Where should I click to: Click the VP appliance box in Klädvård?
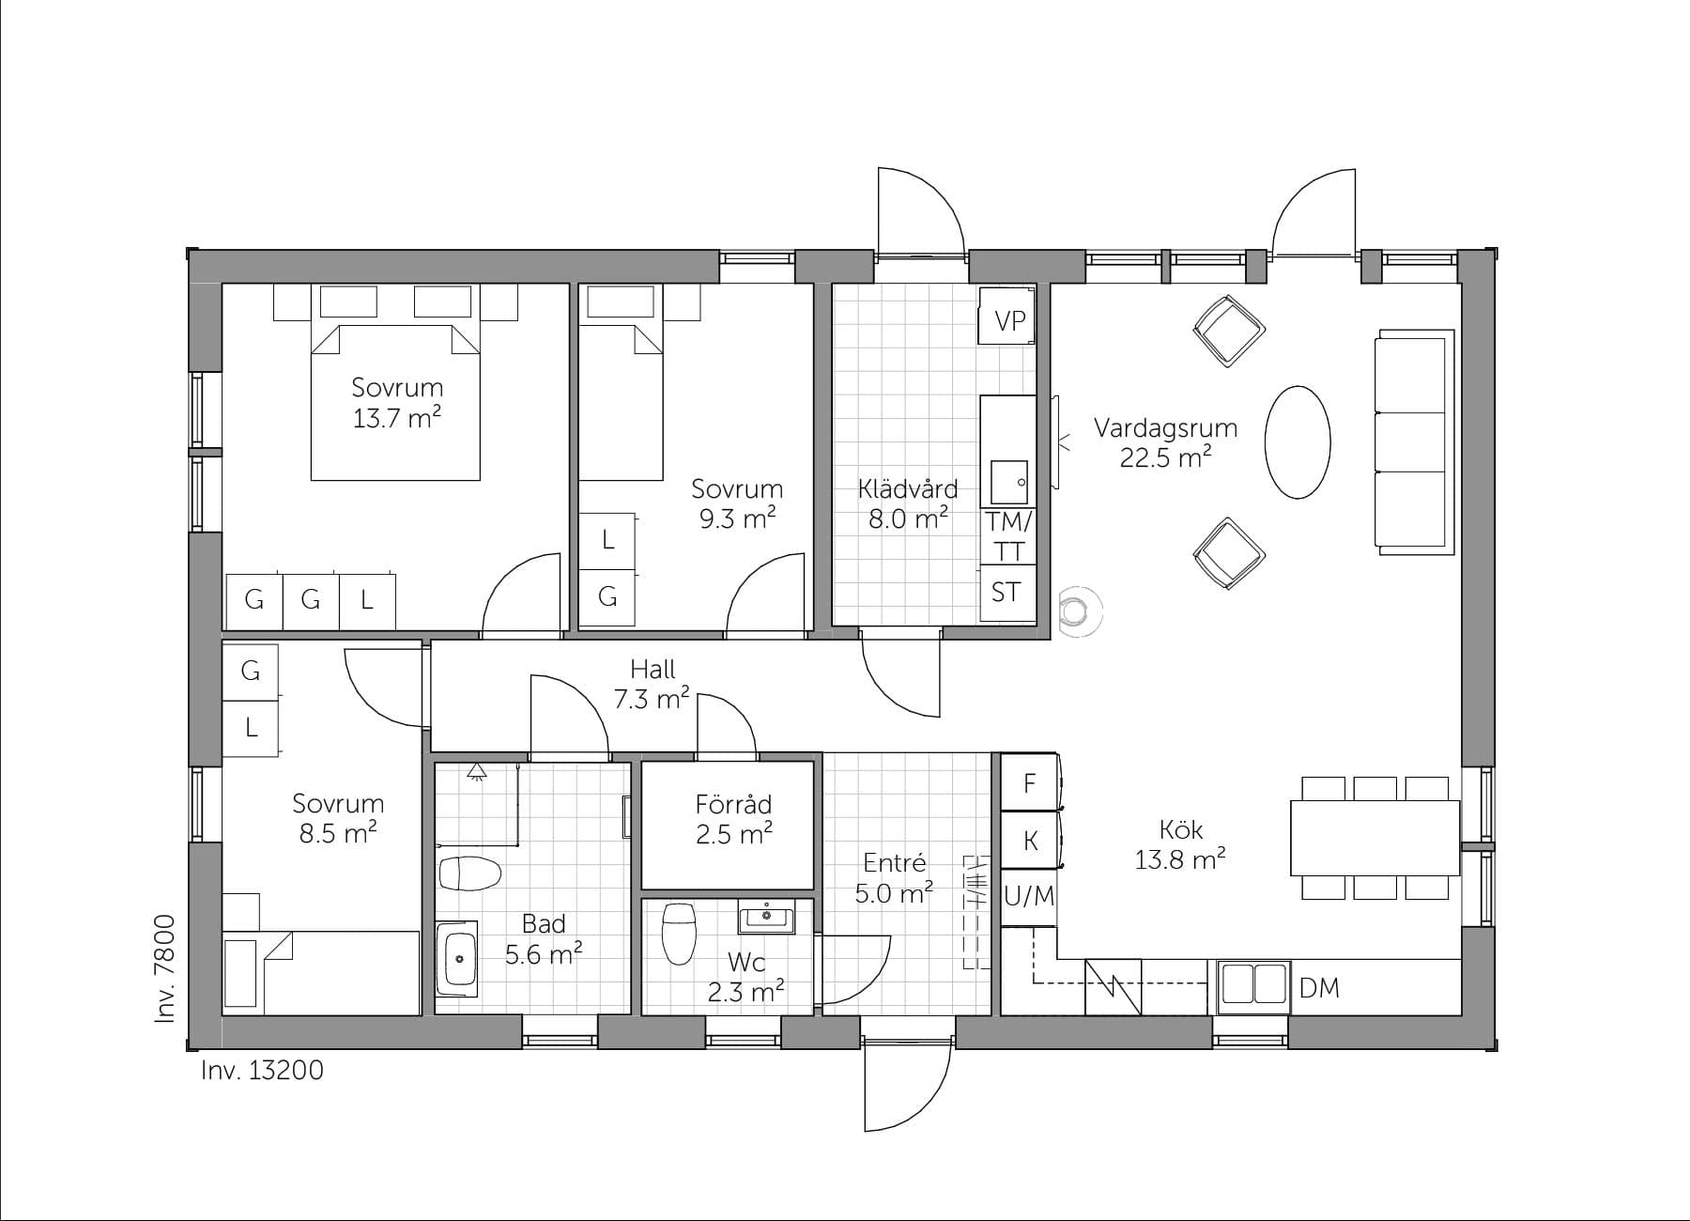tap(1007, 320)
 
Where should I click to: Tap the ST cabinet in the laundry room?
tap(1007, 593)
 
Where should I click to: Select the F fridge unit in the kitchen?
tap(1029, 783)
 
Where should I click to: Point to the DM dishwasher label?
tap(1319, 987)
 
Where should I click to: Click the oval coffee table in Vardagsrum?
tap(1298, 442)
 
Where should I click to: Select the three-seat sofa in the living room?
tap(1413, 439)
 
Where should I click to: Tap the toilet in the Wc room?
tap(678, 935)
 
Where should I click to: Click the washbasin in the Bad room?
tap(459, 959)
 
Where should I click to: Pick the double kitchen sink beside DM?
tap(1253, 985)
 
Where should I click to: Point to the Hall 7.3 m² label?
tap(653, 684)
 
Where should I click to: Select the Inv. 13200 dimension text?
tap(262, 1070)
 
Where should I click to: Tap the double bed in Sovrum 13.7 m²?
tap(395, 404)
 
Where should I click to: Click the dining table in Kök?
tap(1375, 837)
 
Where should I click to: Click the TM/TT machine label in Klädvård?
tap(1008, 536)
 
